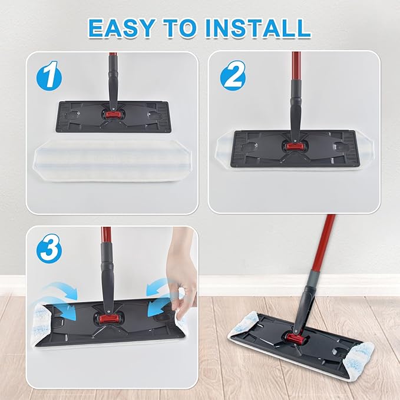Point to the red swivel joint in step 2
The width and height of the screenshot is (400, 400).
coord(294,145)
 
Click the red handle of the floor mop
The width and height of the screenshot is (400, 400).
coord(323,242)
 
